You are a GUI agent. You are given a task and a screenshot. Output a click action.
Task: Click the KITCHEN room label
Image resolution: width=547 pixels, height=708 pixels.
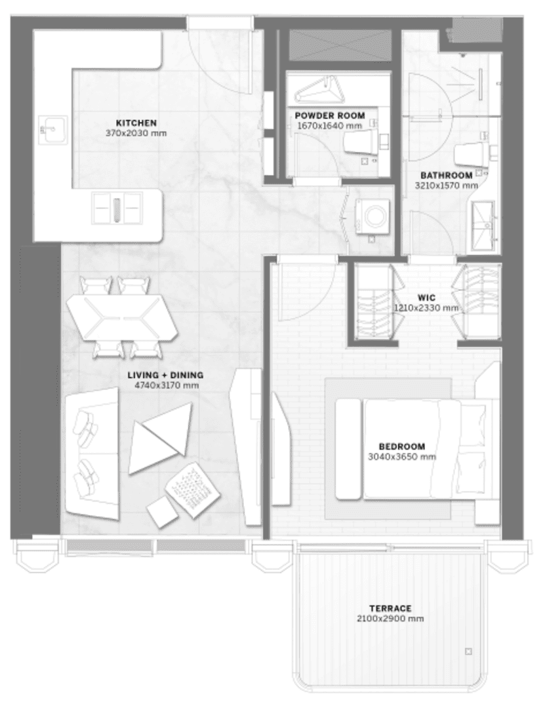(x=136, y=123)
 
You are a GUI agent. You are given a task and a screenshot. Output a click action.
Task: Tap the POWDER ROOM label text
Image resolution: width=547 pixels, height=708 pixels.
(x=330, y=115)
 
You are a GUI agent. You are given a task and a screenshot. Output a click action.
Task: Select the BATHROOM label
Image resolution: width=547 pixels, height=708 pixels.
(x=446, y=175)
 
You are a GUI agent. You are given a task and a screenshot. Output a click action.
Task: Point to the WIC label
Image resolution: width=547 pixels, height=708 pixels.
(x=426, y=298)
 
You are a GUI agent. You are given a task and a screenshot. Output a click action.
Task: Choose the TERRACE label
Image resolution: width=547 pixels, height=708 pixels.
(x=390, y=608)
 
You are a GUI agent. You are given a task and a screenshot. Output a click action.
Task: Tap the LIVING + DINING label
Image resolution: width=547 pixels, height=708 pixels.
(x=165, y=375)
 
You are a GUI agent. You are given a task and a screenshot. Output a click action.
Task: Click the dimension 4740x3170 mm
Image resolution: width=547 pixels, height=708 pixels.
(x=167, y=385)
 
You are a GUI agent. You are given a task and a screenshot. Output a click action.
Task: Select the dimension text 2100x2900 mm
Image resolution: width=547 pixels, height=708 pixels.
(x=390, y=619)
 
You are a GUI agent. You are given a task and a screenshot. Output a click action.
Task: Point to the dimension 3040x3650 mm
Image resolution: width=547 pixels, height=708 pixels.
(x=402, y=456)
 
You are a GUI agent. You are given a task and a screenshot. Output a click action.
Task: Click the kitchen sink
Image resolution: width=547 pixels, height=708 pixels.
(x=53, y=130)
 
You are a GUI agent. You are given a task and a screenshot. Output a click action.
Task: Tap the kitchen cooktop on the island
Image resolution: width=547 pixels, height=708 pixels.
(x=117, y=208)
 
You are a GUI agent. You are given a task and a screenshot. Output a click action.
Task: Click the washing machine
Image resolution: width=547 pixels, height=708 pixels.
(x=373, y=216)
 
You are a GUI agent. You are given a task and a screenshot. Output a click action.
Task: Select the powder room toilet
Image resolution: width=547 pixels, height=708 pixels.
(x=361, y=142)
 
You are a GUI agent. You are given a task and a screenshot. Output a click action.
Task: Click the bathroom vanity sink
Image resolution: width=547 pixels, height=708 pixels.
(x=484, y=226)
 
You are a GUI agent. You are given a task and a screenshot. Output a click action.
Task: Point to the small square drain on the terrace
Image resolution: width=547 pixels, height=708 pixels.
(x=468, y=652)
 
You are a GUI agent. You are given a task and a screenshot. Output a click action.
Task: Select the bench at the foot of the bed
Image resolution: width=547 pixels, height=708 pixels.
(x=349, y=449)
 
